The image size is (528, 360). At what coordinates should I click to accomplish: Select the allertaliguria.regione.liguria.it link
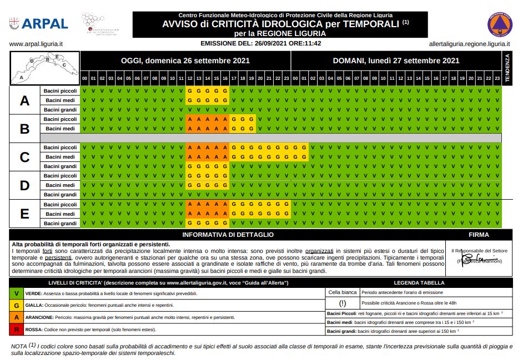(x=470, y=43)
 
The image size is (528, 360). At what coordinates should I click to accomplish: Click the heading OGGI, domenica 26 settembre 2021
(x=186, y=61)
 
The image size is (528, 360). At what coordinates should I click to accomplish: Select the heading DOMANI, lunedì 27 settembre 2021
(x=396, y=61)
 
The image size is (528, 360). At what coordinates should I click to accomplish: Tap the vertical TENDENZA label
(x=506, y=68)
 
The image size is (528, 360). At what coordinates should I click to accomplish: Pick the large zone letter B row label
(x=24, y=129)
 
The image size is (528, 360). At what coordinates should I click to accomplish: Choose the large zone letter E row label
(x=24, y=214)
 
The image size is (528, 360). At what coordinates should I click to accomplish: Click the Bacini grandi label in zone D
(x=60, y=195)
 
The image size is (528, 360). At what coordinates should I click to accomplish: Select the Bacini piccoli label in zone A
(x=60, y=90)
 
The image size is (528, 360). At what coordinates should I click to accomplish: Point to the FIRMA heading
(x=479, y=235)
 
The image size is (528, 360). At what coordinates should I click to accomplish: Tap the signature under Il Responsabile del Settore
(x=476, y=258)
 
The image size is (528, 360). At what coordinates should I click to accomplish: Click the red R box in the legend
(x=17, y=329)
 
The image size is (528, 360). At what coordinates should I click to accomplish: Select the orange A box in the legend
(x=17, y=317)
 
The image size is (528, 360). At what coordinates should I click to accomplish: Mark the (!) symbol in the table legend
(x=342, y=303)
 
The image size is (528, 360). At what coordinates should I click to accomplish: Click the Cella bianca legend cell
(x=342, y=292)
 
